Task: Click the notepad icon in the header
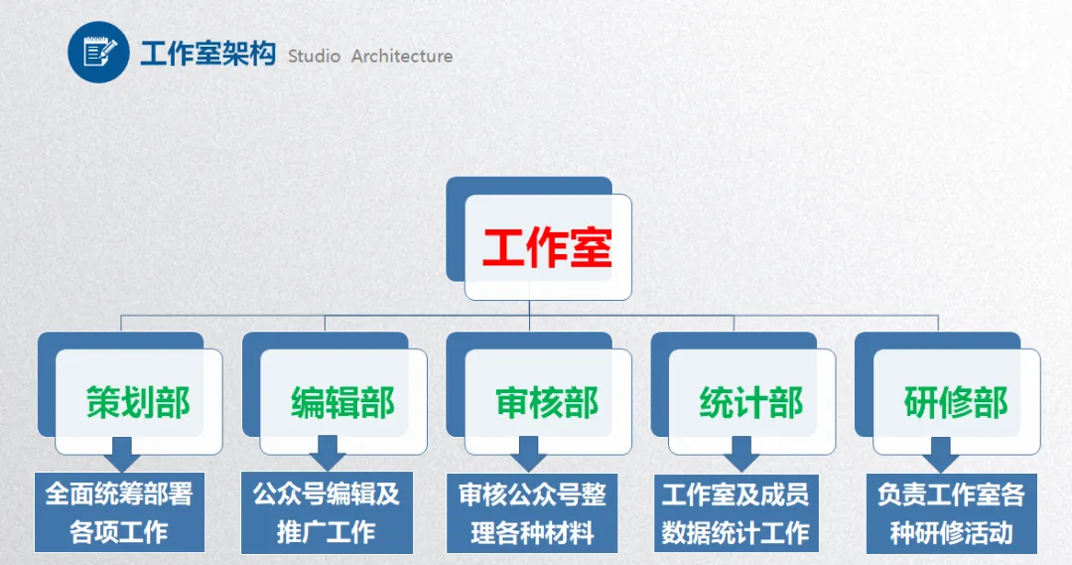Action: point(99,51)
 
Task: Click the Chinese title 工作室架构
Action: point(206,54)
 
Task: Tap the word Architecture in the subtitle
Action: point(402,57)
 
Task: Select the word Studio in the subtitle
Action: point(314,57)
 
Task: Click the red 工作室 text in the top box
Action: point(547,247)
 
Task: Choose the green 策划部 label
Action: point(138,402)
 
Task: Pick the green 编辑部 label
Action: point(342,402)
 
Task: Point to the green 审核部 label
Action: point(547,402)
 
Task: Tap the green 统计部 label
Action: point(751,402)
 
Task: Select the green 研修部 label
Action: point(956,402)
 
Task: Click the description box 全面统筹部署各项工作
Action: point(119,512)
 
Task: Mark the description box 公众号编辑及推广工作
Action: point(327,512)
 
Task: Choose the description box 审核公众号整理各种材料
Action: point(532,512)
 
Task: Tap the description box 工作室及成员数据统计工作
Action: point(736,512)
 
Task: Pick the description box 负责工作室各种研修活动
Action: point(951,512)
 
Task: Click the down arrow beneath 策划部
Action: point(123,458)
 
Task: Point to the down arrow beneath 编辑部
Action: point(328,458)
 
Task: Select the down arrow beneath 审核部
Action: point(531,458)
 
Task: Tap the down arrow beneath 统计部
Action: point(737,458)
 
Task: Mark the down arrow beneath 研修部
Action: point(940,458)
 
